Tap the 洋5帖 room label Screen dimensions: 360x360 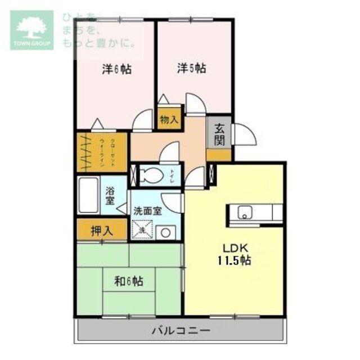191,69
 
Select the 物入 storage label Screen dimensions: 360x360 169,120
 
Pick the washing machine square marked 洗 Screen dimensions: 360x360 142,229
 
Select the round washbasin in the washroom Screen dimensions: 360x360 166,231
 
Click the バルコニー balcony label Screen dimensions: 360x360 181,330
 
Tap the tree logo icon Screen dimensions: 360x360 31,26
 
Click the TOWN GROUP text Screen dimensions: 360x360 31,43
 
